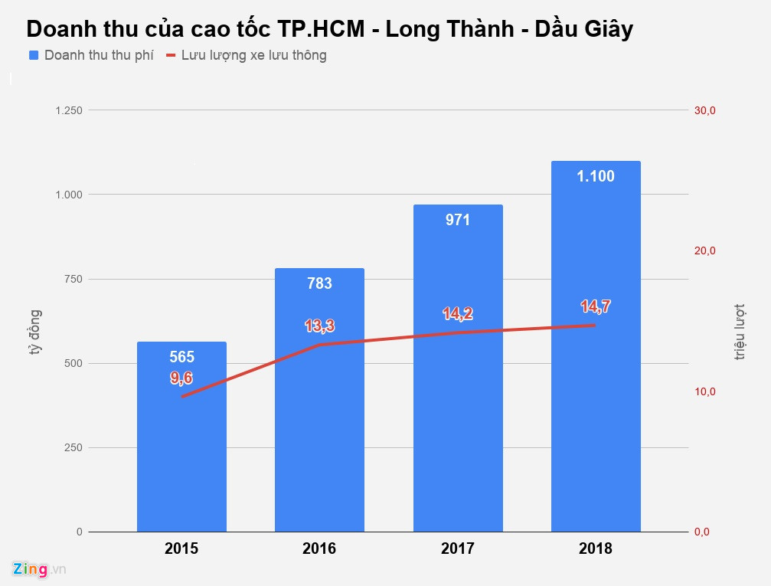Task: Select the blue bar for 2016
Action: pyautogui.click(x=319, y=429)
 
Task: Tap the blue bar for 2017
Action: pyautogui.click(x=458, y=398)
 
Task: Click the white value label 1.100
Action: pyautogui.click(x=596, y=177)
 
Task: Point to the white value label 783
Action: pyautogui.click(x=319, y=283)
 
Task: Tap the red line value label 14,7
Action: pyautogui.click(x=596, y=307)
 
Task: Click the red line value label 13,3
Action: pyautogui.click(x=319, y=326)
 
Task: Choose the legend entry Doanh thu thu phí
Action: pyautogui.click(x=91, y=55)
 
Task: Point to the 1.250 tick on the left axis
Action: pyautogui.click(x=68, y=110)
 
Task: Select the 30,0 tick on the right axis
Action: pyautogui.click(x=704, y=110)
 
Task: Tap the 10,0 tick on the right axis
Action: pyautogui.click(x=704, y=391)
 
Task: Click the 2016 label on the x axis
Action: pyautogui.click(x=319, y=548)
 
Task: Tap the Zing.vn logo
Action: pyautogui.click(x=39, y=569)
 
